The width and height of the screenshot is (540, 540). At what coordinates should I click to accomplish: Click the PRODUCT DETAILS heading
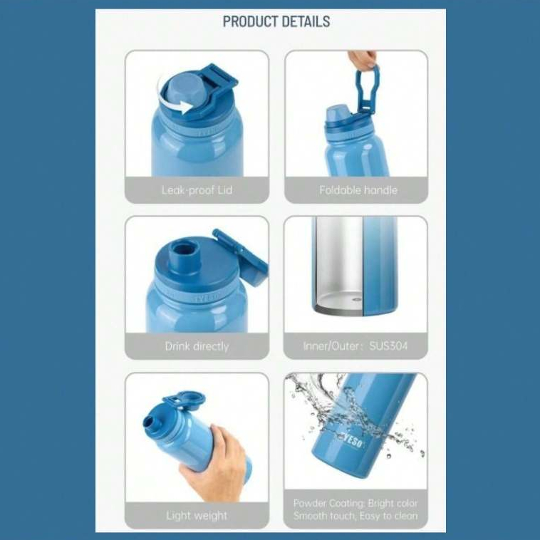(x=276, y=21)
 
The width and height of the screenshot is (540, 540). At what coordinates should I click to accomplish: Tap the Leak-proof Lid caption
(x=197, y=189)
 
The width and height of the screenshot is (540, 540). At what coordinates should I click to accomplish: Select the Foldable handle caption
(x=358, y=189)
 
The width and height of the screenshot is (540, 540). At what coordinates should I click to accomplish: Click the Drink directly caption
(x=197, y=346)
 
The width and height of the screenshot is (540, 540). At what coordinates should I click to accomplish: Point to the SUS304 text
(x=388, y=346)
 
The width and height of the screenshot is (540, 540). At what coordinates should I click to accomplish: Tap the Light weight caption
(x=197, y=516)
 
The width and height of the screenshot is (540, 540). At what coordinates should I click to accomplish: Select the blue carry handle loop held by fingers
(x=368, y=88)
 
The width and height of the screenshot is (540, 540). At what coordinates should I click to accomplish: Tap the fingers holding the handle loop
(x=363, y=58)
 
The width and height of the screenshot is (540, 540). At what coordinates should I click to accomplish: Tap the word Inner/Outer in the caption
(x=331, y=346)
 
